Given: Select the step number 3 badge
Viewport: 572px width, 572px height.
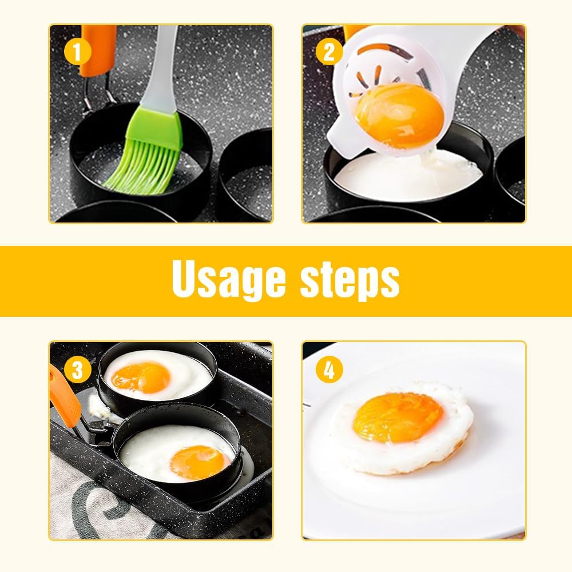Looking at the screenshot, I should tap(78, 370).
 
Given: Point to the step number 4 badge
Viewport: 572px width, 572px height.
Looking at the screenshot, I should tap(329, 370).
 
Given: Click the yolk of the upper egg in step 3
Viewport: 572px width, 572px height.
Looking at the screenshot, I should tap(141, 377).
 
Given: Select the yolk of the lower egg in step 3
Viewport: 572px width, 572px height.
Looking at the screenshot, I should tap(197, 461).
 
